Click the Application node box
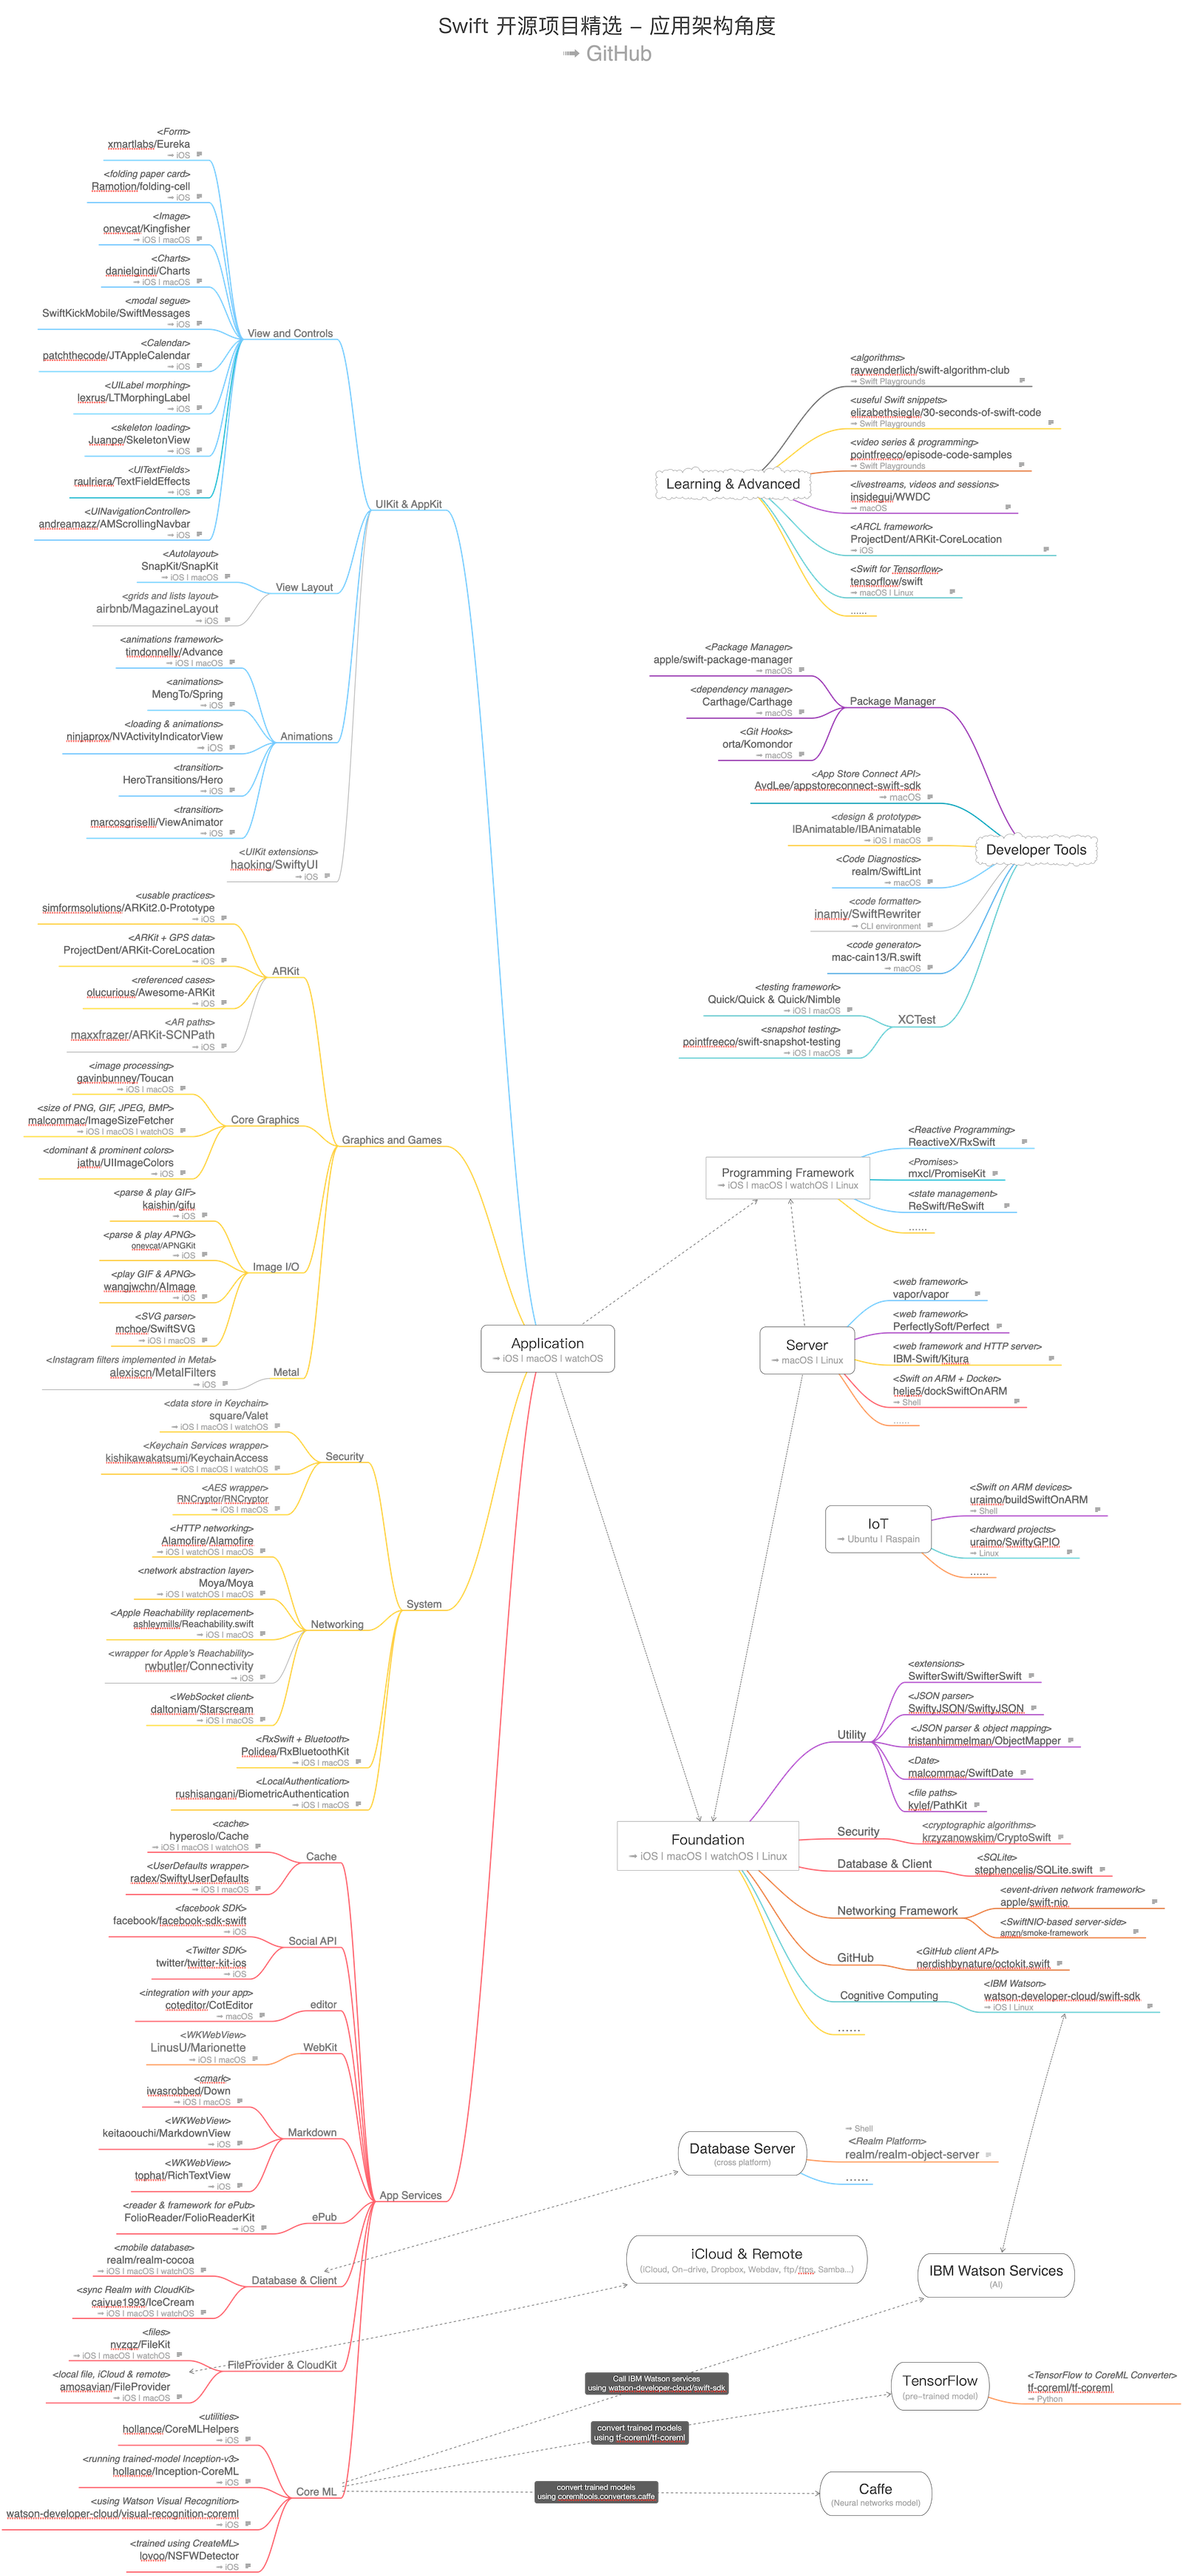tap(548, 1349)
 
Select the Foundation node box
tap(708, 1844)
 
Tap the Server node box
tap(807, 1349)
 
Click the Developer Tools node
tap(1035, 850)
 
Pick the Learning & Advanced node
tap(733, 484)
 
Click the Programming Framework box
tap(787, 1178)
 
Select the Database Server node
tap(742, 2152)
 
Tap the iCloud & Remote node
tap(746, 2258)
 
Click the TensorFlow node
tap(939, 2385)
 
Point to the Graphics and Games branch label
tap(392, 1140)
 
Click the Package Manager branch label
tap(892, 701)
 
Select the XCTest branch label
tap(916, 1019)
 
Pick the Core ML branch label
tap(316, 2491)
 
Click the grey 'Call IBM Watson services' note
tap(657, 2383)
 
